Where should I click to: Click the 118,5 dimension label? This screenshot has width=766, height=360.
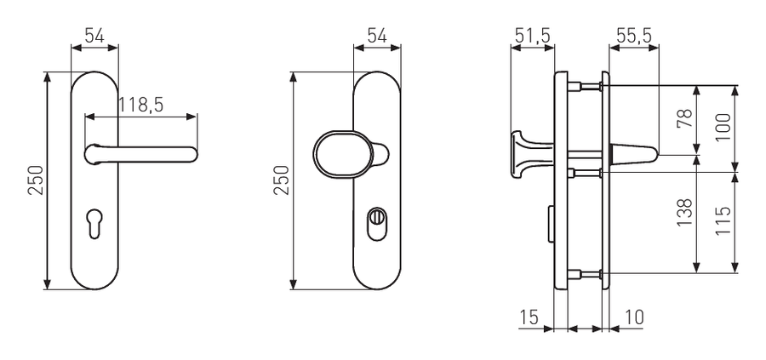point(140,105)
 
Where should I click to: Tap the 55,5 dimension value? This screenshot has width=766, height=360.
point(633,36)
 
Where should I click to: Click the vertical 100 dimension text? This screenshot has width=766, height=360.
point(723,128)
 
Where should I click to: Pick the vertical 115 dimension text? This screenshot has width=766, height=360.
point(723,220)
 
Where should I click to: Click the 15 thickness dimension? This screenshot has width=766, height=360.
point(528,317)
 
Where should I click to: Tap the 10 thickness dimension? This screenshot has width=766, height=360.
point(633,317)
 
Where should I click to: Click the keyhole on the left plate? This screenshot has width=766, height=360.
point(94,223)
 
